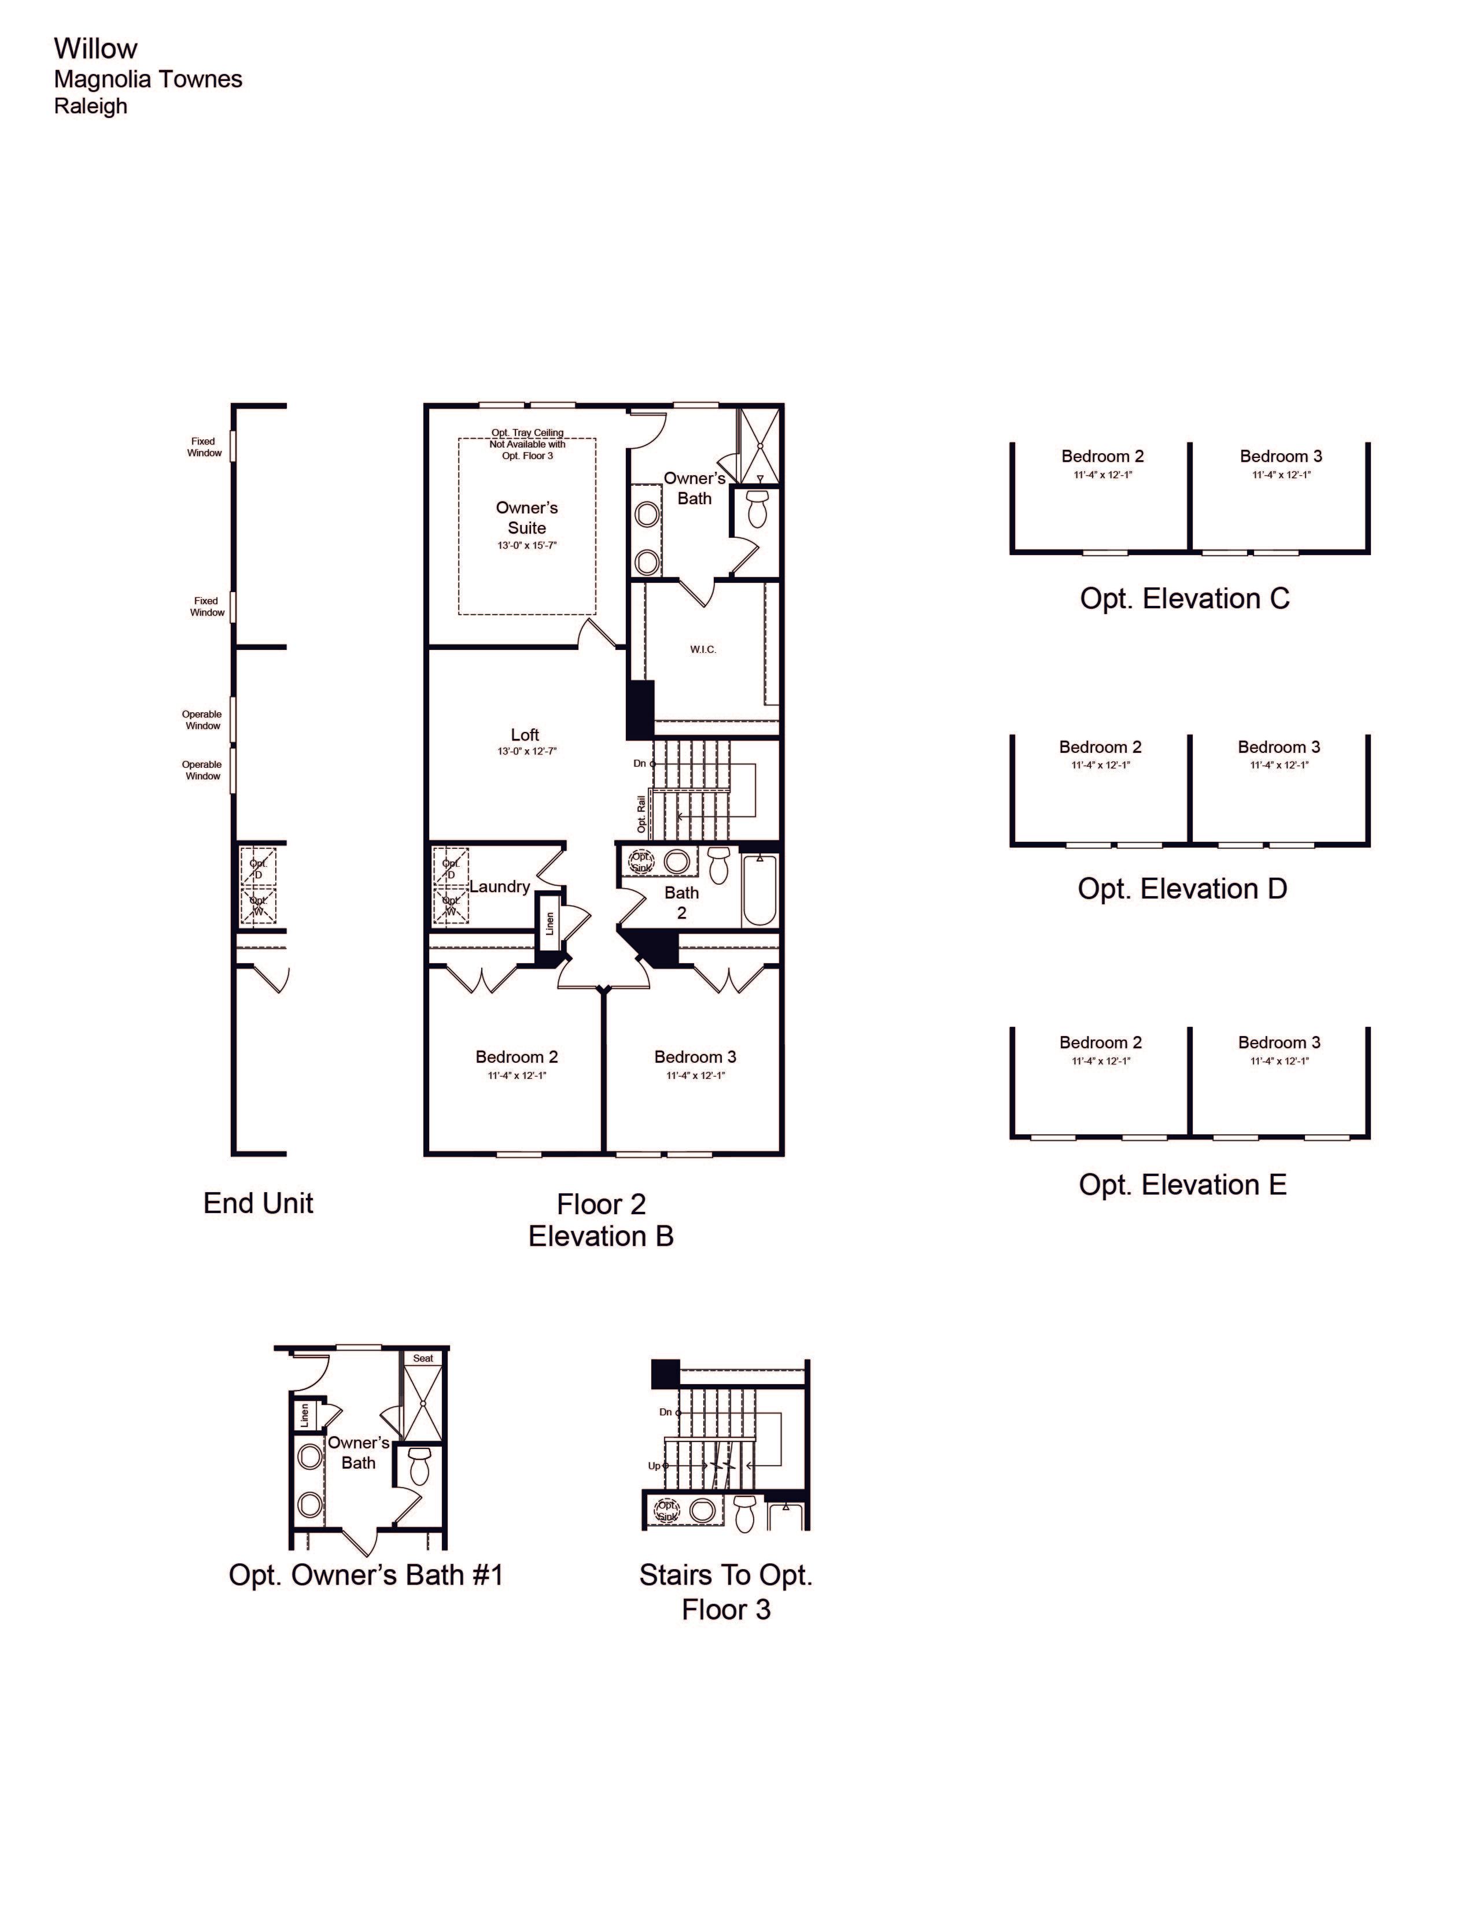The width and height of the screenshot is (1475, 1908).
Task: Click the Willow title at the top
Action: [x=95, y=49]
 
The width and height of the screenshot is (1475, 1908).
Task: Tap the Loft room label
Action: [x=525, y=735]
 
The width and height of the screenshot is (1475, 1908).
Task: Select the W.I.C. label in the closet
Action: [x=703, y=650]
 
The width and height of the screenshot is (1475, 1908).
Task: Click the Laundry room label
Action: [x=500, y=887]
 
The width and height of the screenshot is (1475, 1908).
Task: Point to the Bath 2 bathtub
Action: [x=759, y=890]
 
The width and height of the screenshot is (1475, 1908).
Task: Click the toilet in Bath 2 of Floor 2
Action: [x=718, y=865]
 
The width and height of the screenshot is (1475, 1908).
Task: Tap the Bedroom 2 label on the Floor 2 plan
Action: [x=517, y=1057]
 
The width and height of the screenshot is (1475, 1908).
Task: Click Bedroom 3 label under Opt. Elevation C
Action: [x=1281, y=456]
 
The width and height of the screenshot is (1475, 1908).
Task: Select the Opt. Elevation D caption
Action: [x=1182, y=889]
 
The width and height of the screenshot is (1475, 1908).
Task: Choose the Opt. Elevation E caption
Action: [x=1182, y=1185]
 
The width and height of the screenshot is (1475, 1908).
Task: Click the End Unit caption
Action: [x=259, y=1203]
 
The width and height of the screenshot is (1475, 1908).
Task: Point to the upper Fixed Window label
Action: [x=204, y=448]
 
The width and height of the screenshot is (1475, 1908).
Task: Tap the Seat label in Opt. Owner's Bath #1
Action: [x=423, y=1359]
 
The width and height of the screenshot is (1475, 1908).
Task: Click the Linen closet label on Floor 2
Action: [x=550, y=923]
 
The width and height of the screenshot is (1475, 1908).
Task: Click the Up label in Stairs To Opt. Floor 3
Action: [x=654, y=1466]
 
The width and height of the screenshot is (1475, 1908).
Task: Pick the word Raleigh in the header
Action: [x=91, y=106]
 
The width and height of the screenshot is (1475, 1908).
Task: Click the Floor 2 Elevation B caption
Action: [x=601, y=1221]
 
